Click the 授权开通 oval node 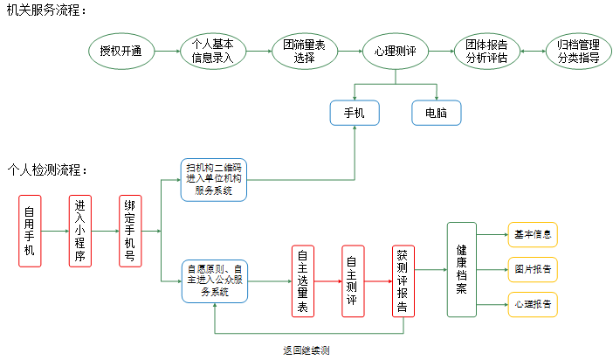click(121, 52)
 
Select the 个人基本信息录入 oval click(212, 52)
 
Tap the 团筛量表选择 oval click(304, 52)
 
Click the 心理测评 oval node click(395, 52)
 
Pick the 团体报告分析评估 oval click(486, 52)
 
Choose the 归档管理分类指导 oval click(577, 52)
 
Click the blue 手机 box click(354, 113)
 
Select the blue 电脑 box click(436, 113)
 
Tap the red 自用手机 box click(30, 231)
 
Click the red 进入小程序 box click(80, 231)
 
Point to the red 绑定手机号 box click(131, 231)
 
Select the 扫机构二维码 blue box click(214, 178)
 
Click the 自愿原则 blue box click(214, 280)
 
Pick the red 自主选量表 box click(302, 280)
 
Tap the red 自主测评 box click(352, 280)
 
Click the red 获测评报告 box click(403, 280)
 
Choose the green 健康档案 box click(461, 269)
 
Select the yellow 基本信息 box click(532, 234)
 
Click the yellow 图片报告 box click(532, 269)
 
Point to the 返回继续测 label click(306, 350)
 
